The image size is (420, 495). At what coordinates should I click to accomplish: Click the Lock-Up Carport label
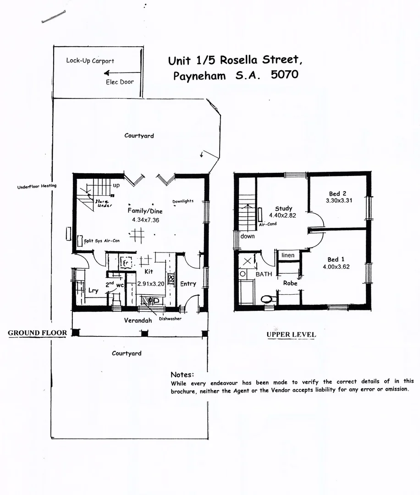click(x=90, y=60)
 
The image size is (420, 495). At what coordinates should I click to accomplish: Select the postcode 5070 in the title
click(x=284, y=75)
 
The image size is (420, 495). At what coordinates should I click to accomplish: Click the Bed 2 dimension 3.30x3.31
click(x=339, y=200)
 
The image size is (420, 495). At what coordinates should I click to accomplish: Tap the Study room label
click(x=283, y=209)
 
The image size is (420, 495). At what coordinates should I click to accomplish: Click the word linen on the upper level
click(x=288, y=255)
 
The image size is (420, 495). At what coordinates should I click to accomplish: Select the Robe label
click(x=290, y=283)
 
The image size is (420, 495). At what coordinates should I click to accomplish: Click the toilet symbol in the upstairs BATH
click(x=266, y=299)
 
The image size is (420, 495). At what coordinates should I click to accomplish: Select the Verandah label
click(x=138, y=320)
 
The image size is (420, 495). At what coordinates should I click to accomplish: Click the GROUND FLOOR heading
click(x=38, y=333)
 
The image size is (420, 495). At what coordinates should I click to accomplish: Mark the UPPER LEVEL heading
click(x=291, y=335)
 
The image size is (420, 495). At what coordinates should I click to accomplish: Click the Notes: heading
click(x=182, y=374)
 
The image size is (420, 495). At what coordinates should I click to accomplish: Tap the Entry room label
click(x=188, y=284)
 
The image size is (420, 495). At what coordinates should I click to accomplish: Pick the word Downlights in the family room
click(x=183, y=201)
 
